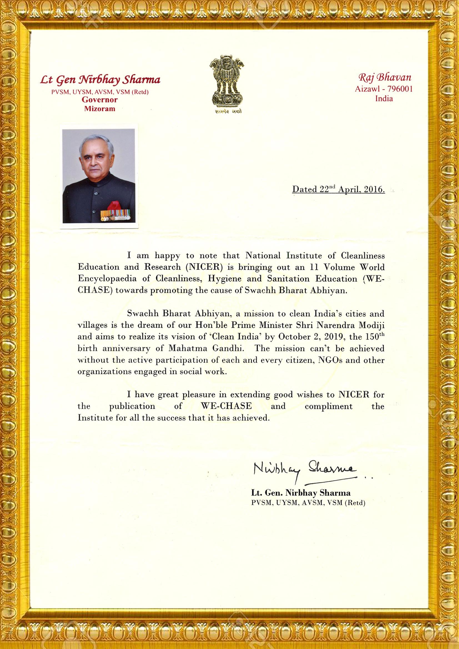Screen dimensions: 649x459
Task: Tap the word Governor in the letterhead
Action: [x=100, y=100]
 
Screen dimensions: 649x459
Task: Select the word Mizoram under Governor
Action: [x=100, y=109]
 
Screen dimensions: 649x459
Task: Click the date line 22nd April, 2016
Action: [x=338, y=189]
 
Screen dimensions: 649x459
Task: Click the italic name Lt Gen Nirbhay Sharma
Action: [x=100, y=80]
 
